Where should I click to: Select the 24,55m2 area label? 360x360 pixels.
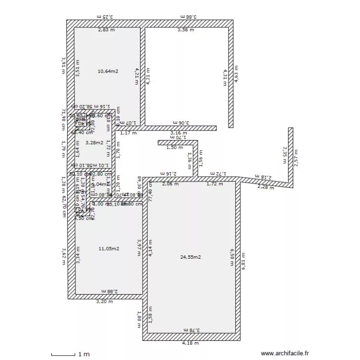coord(190,257)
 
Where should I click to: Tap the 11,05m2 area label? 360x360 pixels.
coord(108,248)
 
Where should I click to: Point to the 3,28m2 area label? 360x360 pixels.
coord(94,142)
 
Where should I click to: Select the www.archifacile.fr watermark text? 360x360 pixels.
coord(284,353)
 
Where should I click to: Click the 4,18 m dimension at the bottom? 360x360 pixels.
coord(190,343)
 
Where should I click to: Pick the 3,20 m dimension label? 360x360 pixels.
coord(105,302)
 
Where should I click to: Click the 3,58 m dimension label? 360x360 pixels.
coord(186,30)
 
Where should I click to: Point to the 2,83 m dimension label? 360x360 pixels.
coord(107,30)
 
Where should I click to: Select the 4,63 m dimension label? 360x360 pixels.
coord(236,75)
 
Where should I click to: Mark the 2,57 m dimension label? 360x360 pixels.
coord(296,158)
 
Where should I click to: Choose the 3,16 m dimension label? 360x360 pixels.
coord(179,133)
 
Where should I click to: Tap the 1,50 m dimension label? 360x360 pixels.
coord(174,147)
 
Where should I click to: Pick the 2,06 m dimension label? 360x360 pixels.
coord(170,183)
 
